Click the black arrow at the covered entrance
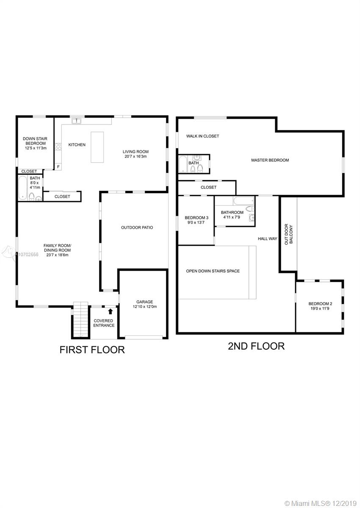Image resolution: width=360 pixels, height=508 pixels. tap(110, 312)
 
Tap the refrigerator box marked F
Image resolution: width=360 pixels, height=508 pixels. tap(58, 167)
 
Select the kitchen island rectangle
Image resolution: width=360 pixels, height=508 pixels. tap(97, 147)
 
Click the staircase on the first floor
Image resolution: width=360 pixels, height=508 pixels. tap(80, 320)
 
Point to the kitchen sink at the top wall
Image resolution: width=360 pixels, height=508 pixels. tap(76, 121)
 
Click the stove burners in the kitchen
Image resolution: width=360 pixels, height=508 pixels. tap(58, 146)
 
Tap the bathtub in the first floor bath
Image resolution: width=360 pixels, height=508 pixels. tap(23, 188)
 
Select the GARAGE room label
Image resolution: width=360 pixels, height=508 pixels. tap(144, 302)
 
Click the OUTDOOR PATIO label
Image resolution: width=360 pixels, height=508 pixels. tap(137, 227)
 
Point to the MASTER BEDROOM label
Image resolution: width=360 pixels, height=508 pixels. tap(270, 160)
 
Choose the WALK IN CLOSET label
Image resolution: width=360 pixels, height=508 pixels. tap(202, 136)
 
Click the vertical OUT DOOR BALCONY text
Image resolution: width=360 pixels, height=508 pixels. tap(289, 234)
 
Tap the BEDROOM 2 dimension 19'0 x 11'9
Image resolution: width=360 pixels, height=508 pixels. tap(320, 309)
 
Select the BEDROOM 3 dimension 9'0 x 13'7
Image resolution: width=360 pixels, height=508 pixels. tap(196, 223)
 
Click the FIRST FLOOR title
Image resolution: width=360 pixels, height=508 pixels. tap(92, 350)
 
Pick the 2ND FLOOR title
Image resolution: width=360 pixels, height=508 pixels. tap(256, 346)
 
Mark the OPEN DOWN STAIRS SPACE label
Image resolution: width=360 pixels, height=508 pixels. tap(213, 271)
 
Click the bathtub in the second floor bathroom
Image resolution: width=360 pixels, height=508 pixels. tap(244, 201)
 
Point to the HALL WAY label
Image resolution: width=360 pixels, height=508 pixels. tap(267, 239)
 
